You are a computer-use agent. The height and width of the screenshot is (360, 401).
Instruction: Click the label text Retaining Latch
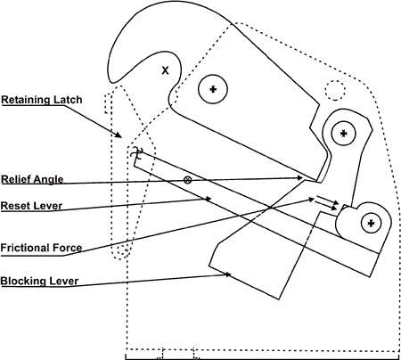[41, 100]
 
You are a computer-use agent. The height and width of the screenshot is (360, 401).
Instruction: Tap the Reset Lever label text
[31, 205]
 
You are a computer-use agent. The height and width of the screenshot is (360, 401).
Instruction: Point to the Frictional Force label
[41, 247]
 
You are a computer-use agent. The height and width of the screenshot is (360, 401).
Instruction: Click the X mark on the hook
[165, 70]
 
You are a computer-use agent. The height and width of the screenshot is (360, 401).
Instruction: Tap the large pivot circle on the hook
[213, 89]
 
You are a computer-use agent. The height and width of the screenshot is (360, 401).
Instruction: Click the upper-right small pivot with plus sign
[343, 132]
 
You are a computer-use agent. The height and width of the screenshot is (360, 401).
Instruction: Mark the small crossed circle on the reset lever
[187, 180]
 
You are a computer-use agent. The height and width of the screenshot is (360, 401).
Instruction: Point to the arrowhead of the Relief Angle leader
[306, 178]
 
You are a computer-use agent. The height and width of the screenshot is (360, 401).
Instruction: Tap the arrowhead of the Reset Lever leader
[210, 200]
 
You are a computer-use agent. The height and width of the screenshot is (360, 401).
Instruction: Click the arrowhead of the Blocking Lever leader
[232, 274]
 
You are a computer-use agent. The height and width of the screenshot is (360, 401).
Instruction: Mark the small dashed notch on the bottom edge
[178, 353]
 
